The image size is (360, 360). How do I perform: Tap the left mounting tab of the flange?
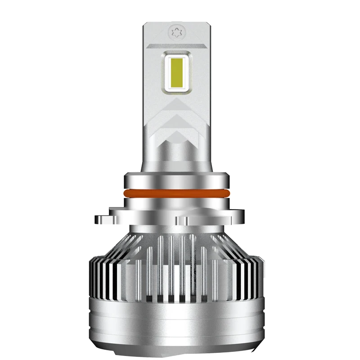[104, 219]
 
